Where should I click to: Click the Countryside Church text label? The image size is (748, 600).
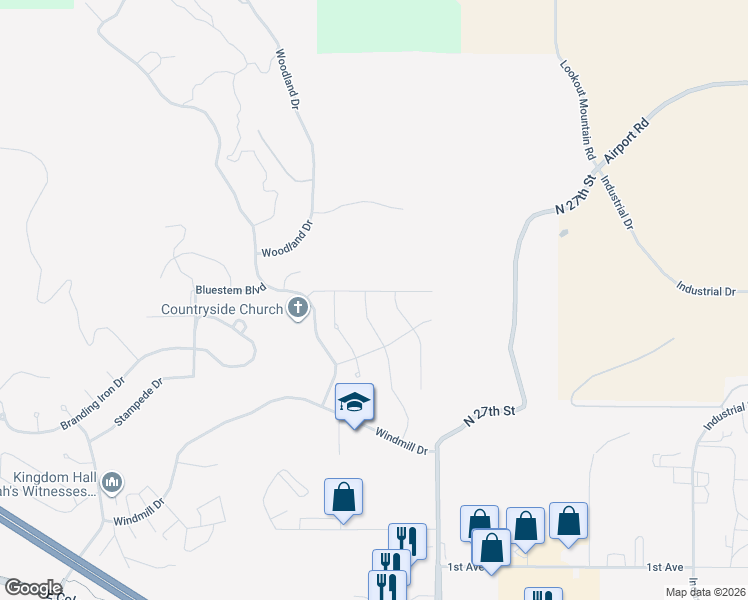pyautogui.click(x=222, y=309)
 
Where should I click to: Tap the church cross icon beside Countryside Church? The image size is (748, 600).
pyautogui.click(x=297, y=308)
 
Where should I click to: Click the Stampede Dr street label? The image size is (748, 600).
pyautogui.click(x=138, y=401)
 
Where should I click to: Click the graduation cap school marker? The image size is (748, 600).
pyautogui.click(x=354, y=403)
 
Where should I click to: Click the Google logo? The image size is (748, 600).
pyautogui.click(x=33, y=588)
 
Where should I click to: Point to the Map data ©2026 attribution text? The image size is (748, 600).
pyautogui.click(x=705, y=592)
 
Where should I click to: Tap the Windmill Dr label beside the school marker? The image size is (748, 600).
pyautogui.click(x=401, y=441)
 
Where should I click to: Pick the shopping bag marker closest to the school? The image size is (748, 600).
pyautogui.click(x=343, y=497)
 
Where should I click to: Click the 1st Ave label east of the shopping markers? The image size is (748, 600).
pyautogui.click(x=665, y=567)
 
